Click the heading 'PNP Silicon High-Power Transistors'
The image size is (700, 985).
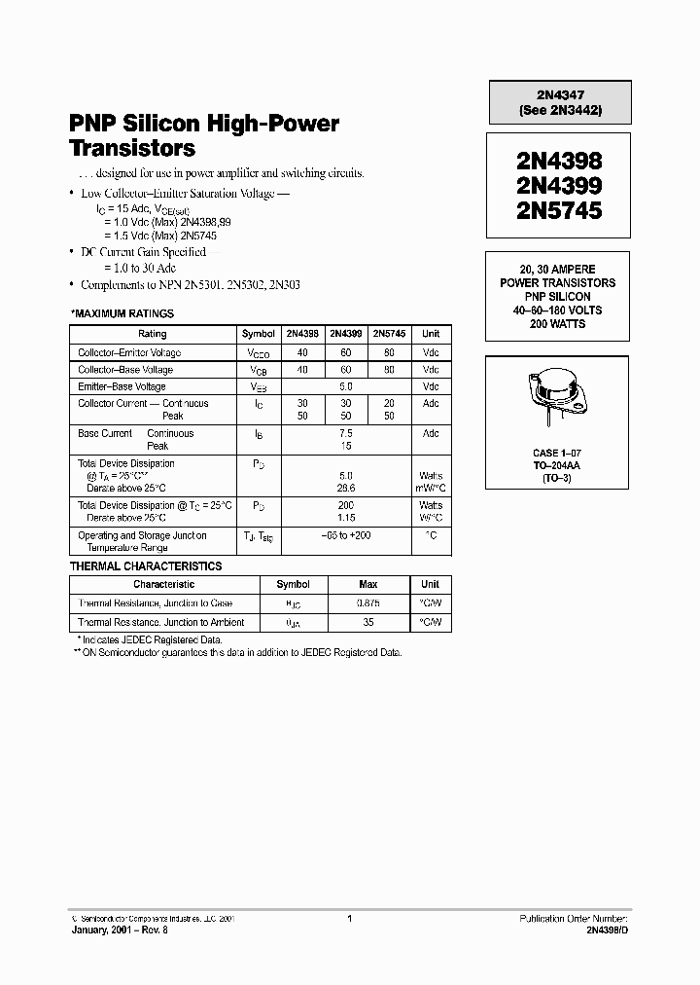[204, 136]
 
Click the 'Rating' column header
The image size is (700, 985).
[153, 334]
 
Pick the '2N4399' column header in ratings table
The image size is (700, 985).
[346, 334]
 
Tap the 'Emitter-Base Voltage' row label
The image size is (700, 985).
[122, 386]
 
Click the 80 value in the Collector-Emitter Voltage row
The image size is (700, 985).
[389, 352]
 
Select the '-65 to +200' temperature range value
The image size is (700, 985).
[346, 535]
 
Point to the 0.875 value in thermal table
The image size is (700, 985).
[368, 603]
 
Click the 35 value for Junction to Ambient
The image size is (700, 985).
[368, 622]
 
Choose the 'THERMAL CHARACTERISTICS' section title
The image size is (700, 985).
[146, 566]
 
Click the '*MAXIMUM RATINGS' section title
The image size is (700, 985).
[122, 313]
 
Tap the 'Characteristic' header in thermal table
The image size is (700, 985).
[163, 585]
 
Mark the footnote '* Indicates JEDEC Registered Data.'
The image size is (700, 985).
[149, 639]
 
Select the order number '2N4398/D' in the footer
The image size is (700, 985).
[607, 930]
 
